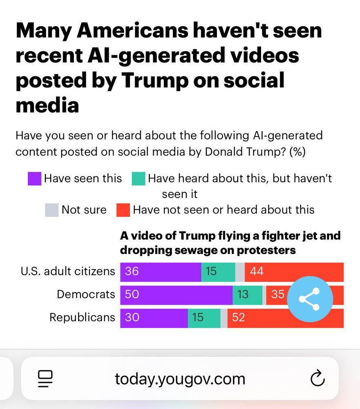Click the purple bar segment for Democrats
point(176,294)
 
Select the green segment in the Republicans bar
point(204,318)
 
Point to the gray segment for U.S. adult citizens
point(240,272)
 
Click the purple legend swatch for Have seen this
point(34,179)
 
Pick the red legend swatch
point(123,210)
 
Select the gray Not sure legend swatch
point(51,210)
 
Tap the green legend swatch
point(139,179)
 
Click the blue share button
point(310,299)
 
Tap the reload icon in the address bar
point(318,379)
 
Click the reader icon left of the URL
point(45,379)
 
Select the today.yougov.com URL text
point(180,379)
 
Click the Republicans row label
point(82,317)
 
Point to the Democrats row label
point(86,294)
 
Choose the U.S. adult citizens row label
point(68,271)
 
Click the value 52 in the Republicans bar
point(238,318)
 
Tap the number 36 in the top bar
point(132,272)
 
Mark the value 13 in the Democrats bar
point(243,294)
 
